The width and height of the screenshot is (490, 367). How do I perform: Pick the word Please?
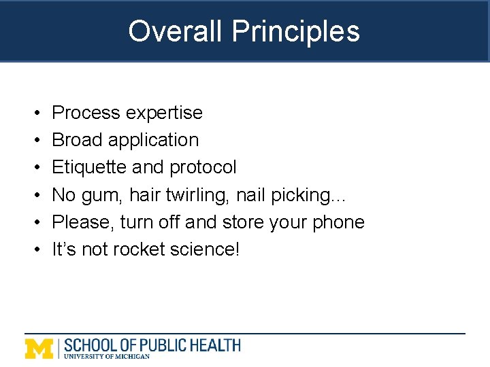[x=84, y=222]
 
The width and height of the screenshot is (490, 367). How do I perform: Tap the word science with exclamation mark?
[x=203, y=249]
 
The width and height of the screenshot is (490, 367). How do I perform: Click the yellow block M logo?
[x=39, y=348]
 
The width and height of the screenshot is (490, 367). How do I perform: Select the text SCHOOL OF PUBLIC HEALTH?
[x=152, y=345]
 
